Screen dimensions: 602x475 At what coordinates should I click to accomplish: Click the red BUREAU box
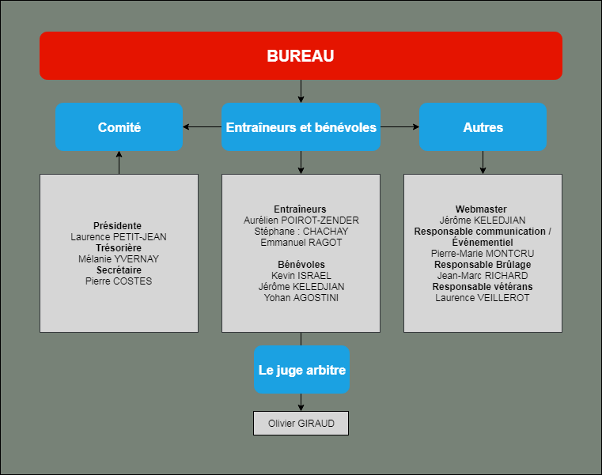301,55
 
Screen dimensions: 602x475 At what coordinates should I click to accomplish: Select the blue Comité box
119,126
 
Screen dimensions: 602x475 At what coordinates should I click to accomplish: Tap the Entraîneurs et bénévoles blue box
301,126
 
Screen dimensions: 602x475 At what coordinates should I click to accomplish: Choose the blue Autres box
483,126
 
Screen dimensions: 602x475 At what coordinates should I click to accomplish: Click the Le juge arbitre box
301,369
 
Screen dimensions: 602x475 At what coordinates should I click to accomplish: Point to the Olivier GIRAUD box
301,423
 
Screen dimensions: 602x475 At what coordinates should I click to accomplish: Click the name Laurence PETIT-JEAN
119,237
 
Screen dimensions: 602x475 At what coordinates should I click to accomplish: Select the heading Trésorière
119,248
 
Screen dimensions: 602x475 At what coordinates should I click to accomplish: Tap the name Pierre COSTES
119,281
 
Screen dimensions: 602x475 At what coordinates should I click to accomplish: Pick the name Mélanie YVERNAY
119,259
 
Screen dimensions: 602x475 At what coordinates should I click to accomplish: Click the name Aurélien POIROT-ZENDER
301,221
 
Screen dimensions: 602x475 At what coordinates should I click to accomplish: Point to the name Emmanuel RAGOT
301,243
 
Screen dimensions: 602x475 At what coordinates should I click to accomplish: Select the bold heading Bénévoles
301,264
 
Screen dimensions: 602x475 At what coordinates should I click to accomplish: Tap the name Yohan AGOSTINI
301,298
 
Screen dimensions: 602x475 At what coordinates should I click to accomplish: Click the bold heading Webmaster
481,209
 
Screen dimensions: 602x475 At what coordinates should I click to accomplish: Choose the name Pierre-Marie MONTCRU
483,254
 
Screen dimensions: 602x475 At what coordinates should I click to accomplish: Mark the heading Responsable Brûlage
483,264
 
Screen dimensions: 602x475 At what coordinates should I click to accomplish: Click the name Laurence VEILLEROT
483,298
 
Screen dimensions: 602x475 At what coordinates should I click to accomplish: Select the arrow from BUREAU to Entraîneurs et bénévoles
301,91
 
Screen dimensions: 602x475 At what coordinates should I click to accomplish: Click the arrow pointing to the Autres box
399,126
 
